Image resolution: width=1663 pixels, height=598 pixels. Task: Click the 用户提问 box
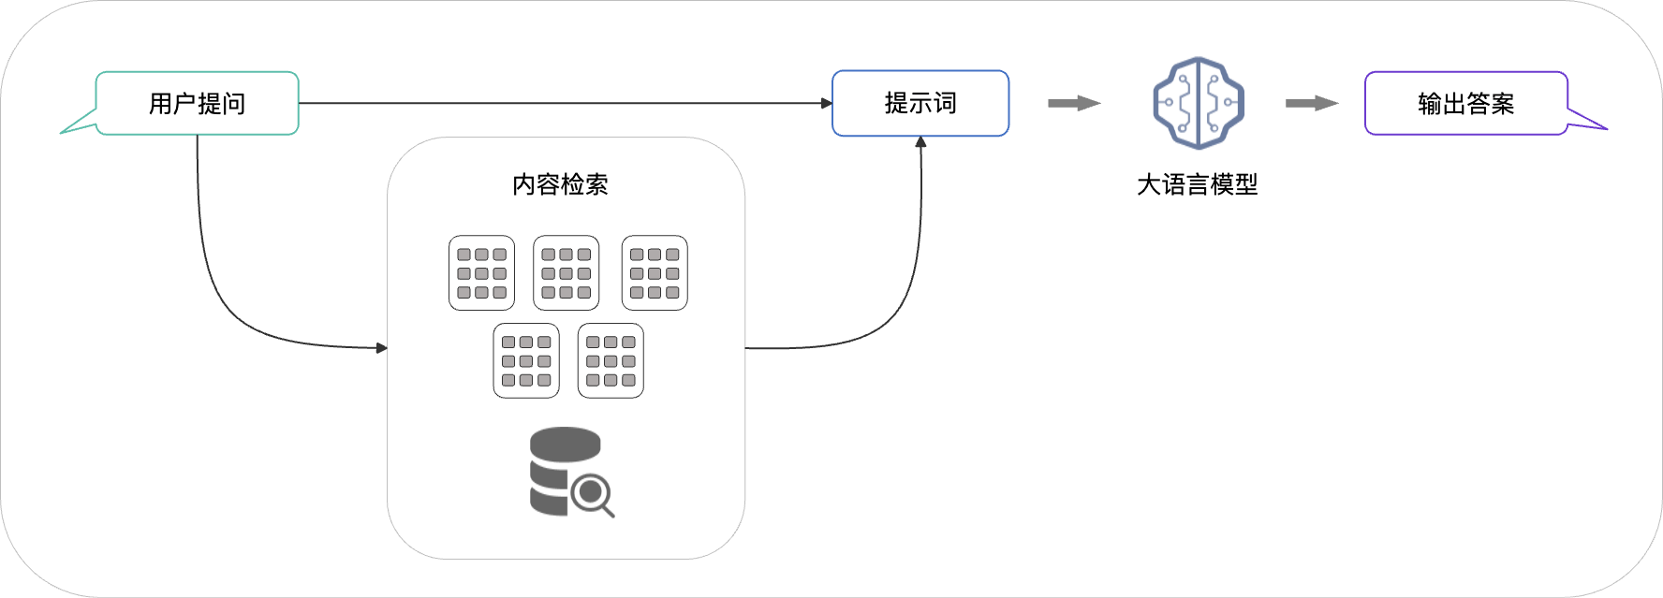click(197, 103)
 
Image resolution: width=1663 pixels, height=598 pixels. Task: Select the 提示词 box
click(920, 103)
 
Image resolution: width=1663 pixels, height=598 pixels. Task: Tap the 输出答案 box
click(1465, 103)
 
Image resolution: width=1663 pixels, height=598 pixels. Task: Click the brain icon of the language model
click(1199, 103)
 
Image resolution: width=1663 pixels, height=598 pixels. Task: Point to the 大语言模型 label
click(1197, 184)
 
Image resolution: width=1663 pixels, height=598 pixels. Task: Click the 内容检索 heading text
click(560, 184)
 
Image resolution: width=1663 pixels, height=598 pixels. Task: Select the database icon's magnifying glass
click(593, 493)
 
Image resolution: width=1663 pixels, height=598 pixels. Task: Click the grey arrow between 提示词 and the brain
click(1073, 103)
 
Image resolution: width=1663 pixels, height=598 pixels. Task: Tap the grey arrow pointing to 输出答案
click(1311, 103)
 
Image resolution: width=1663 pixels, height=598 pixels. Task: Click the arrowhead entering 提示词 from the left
click(827, 103)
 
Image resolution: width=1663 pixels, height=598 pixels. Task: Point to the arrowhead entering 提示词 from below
click(920, 142)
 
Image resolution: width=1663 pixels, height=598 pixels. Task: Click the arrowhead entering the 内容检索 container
click(381, 348)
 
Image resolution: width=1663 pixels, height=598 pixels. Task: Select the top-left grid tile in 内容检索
click(481, 272)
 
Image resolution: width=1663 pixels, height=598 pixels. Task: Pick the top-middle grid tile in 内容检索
click(566, 272)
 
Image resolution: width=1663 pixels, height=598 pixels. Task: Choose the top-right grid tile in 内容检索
click(655, 272)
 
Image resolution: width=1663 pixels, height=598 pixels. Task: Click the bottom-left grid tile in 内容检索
click(526, 360)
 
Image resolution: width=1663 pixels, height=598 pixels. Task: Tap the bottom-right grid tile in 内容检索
click(611, 360)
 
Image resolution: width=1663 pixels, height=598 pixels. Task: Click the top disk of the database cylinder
click(565, 443)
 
